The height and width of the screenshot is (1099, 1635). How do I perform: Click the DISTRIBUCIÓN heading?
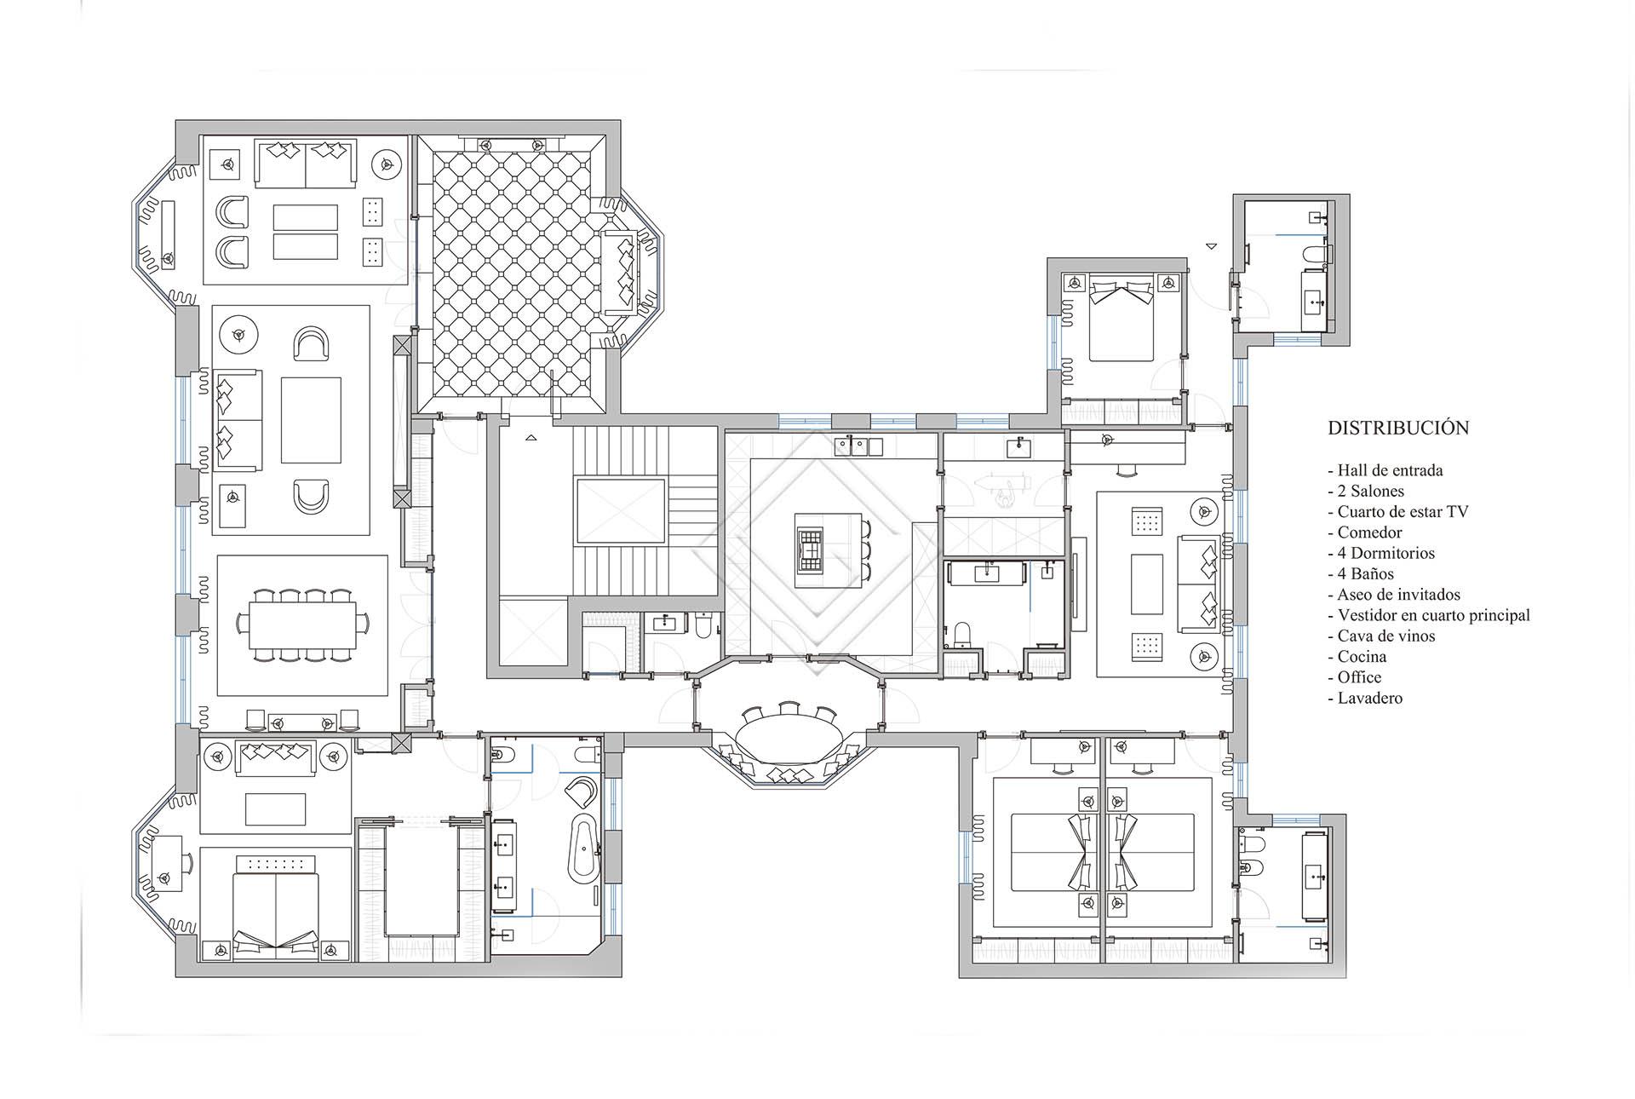1398,428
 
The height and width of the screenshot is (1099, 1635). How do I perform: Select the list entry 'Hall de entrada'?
1385,470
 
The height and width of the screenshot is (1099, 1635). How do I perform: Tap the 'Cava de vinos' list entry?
1380,636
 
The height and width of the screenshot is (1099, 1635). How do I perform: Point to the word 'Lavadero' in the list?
1365,698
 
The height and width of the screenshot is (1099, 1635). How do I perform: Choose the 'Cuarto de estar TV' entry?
1398,511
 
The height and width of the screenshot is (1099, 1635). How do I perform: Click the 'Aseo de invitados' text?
1394,595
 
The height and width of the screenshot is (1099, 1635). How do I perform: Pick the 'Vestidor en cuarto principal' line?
1429,615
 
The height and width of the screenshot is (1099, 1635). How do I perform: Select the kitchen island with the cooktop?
827,550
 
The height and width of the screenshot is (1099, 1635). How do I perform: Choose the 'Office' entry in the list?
1355,677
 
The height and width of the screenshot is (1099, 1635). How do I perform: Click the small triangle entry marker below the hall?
531,438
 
